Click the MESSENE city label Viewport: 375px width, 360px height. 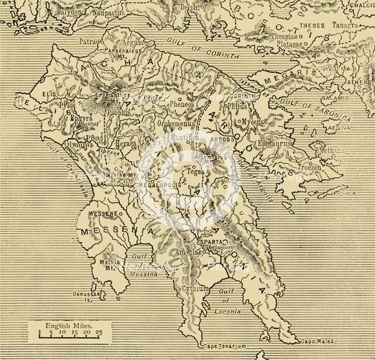(103, 214)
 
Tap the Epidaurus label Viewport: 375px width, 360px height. (269, 140)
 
